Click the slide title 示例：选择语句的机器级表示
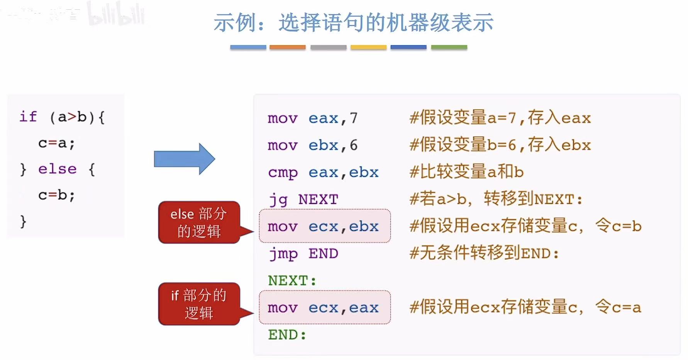353,22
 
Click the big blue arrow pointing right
184,159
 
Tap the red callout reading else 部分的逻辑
199,222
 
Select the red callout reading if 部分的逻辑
199,304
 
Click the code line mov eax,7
313,118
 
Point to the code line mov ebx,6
313,145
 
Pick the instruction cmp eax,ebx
323,172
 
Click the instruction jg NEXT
303,200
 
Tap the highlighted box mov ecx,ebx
324,226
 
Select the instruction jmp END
303,254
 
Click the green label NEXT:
292,281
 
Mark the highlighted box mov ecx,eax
324,307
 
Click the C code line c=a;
56,143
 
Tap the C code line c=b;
56,195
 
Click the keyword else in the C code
58,169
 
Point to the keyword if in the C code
28,117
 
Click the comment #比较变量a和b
466,172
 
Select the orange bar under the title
287,47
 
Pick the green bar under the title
449,47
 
